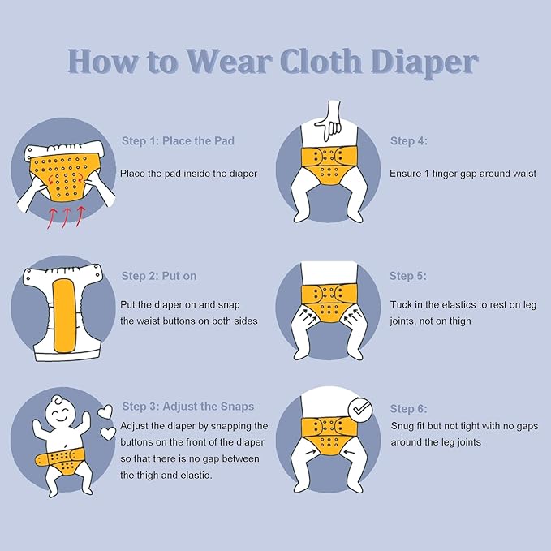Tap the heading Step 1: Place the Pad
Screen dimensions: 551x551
pos(178,141)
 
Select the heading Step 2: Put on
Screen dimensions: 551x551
pos(159,276)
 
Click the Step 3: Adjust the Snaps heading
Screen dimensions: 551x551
pos(188,407)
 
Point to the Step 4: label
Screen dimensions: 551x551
pos(409,141)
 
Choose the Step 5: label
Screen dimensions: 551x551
pos(408,276)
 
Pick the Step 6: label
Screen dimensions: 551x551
pos(409,409)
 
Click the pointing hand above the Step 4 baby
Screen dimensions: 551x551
pos(329,119)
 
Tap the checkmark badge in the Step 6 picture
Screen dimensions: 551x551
pos(359,410)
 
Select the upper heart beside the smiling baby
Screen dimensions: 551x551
pos(105,411)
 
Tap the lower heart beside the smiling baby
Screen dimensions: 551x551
pos(108,433)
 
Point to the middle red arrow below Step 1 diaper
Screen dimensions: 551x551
pos(66,217)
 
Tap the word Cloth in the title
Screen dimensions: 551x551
pos(321,62)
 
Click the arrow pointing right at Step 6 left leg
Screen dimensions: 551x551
pos(311,451)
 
